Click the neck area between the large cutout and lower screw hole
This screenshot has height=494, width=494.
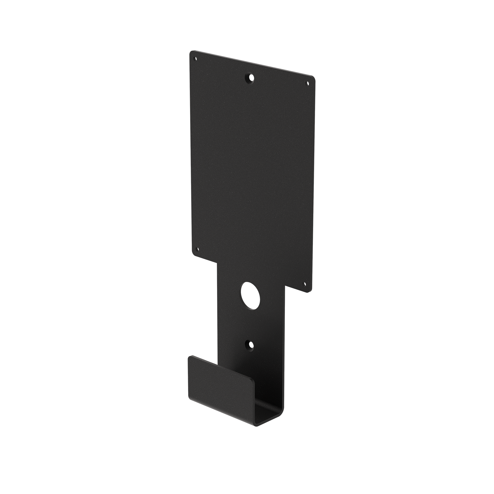[249, 322]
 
